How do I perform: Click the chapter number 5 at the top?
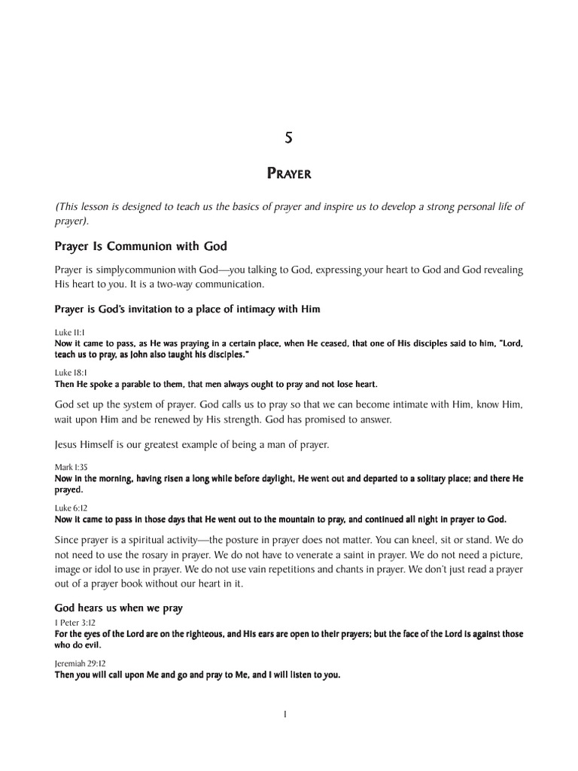[288, 138]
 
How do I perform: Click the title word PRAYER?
[289, 175]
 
